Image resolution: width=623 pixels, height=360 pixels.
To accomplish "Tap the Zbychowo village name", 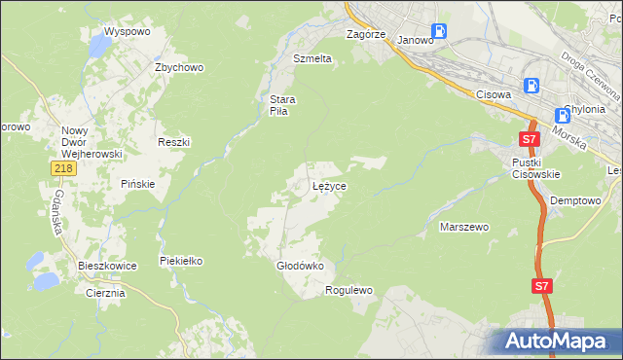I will coord(178,67).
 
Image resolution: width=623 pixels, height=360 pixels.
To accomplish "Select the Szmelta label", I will coord(312,58).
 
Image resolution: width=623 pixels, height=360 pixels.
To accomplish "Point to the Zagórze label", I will coord(367,34).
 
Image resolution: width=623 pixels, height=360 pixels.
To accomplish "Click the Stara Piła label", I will coord(282,105).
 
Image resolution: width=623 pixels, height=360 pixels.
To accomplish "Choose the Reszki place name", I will coord(173,142).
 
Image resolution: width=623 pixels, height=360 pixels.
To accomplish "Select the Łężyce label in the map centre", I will coord(329,185).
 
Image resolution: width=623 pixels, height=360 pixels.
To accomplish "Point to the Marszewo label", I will coord(464,227).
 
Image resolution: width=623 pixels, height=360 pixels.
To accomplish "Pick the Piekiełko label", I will coord(180,262).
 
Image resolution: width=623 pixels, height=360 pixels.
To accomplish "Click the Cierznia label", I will coord(105,293).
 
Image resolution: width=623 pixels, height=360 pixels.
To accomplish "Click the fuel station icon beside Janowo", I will coord(439,30).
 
